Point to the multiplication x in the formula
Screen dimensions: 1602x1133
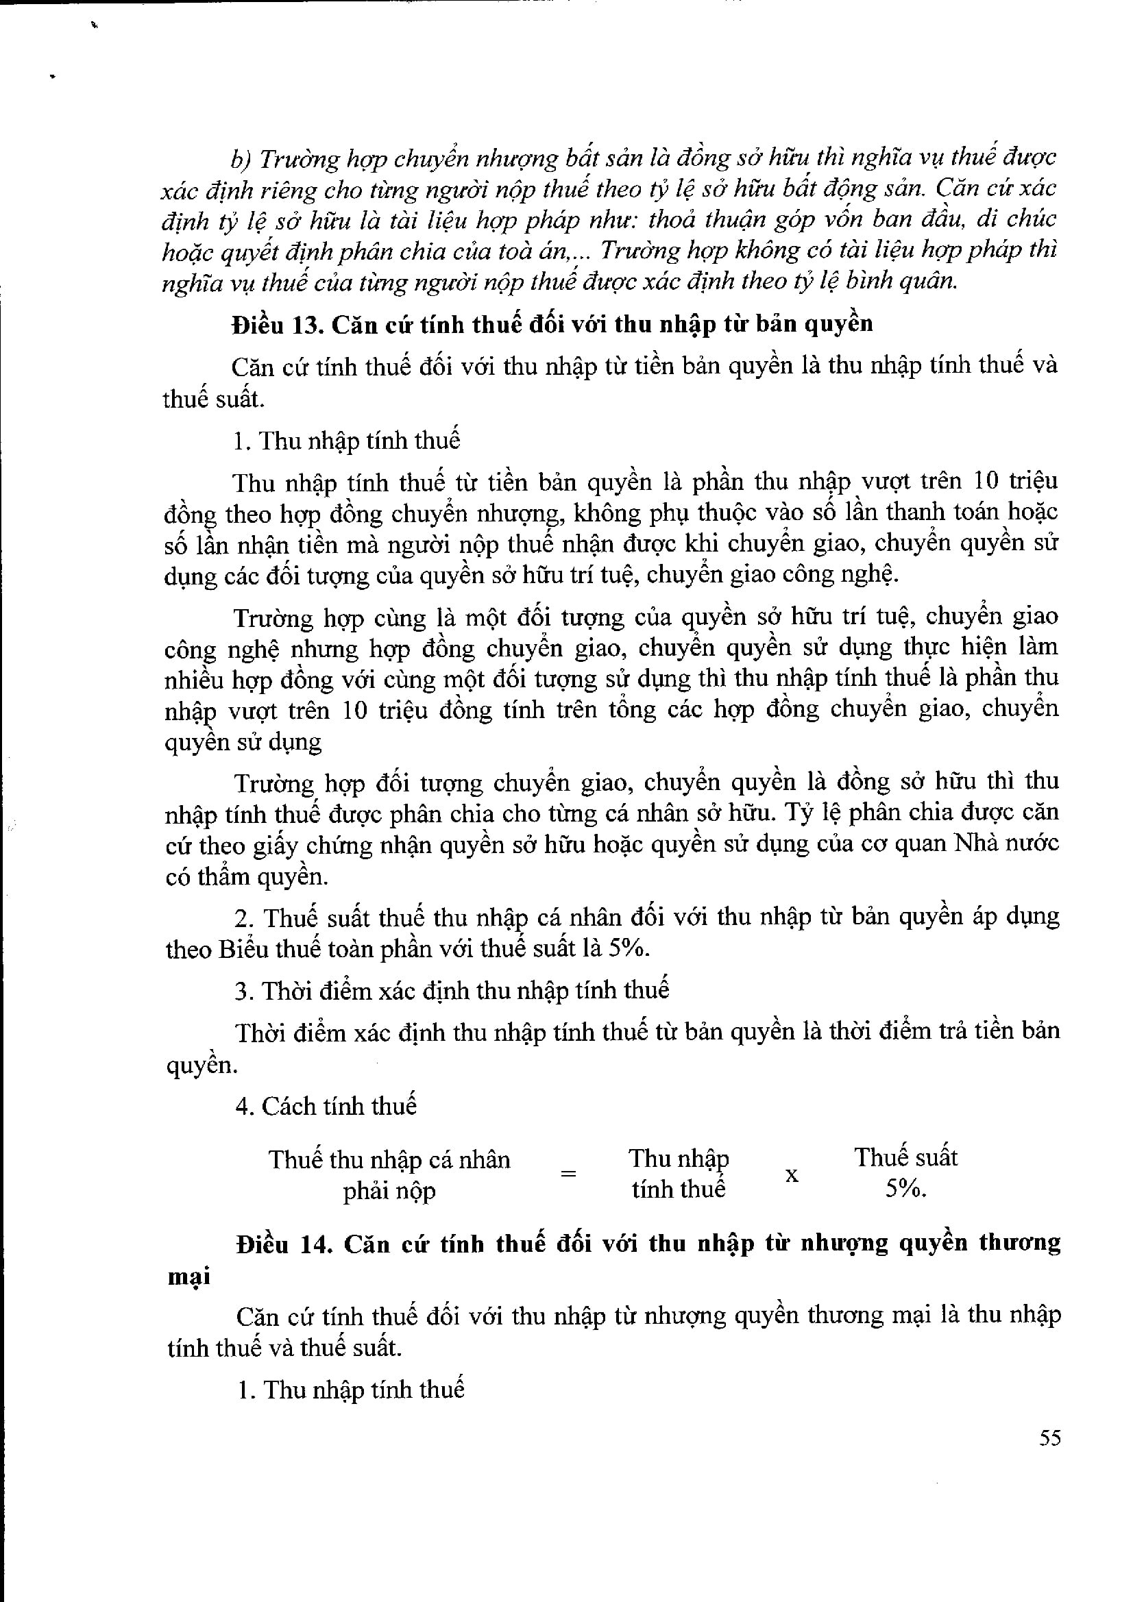(x=792, y=1176)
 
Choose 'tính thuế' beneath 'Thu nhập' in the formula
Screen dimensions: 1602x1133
(x=679, y=1190)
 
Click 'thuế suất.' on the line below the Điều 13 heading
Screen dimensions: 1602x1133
(x=213, y=399)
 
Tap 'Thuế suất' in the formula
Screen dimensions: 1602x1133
(x=905, y=1158)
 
